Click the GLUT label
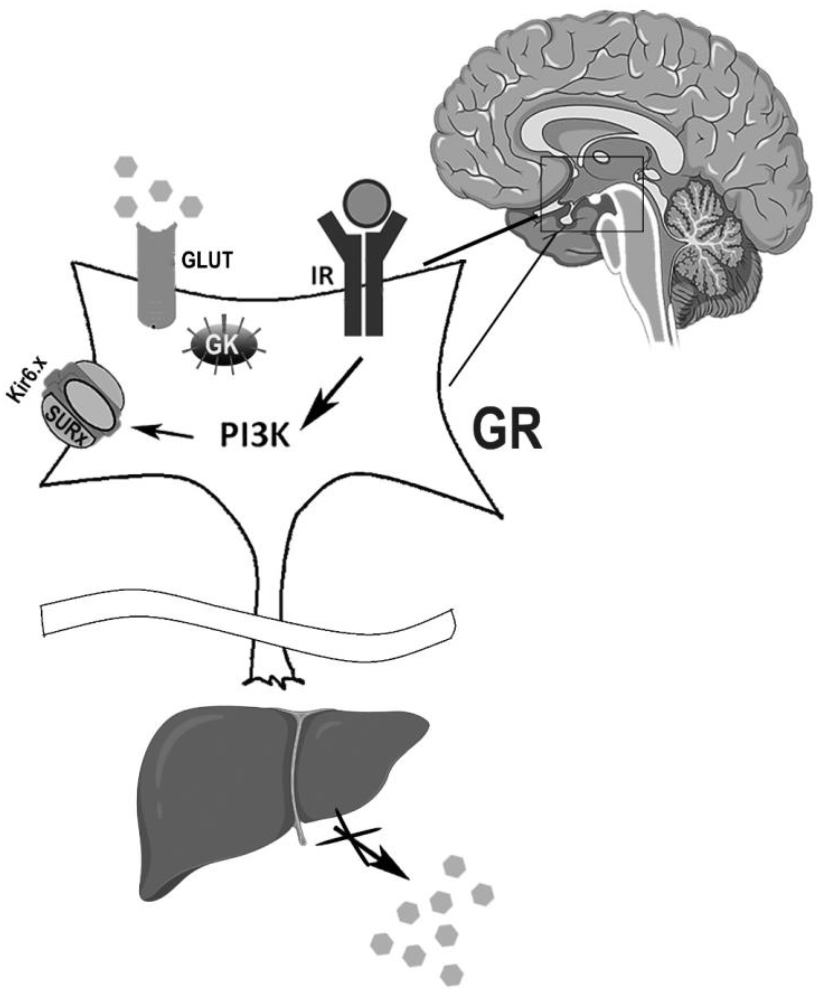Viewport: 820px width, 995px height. pyautogui.click(x=207, y=260)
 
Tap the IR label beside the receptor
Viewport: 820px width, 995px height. pyautogui.click(x=322, y=277)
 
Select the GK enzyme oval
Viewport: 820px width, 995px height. pyautogui.click(x=223, y=345)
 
